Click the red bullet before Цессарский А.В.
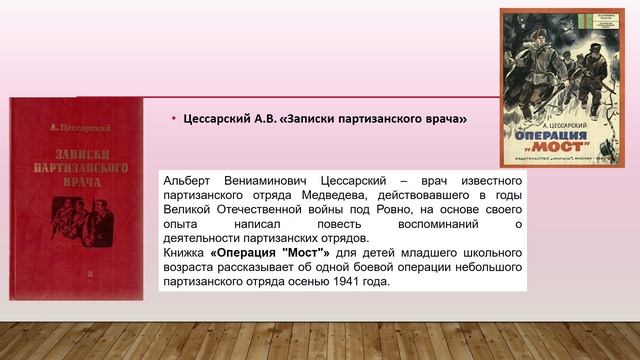[x=172, y=119]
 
